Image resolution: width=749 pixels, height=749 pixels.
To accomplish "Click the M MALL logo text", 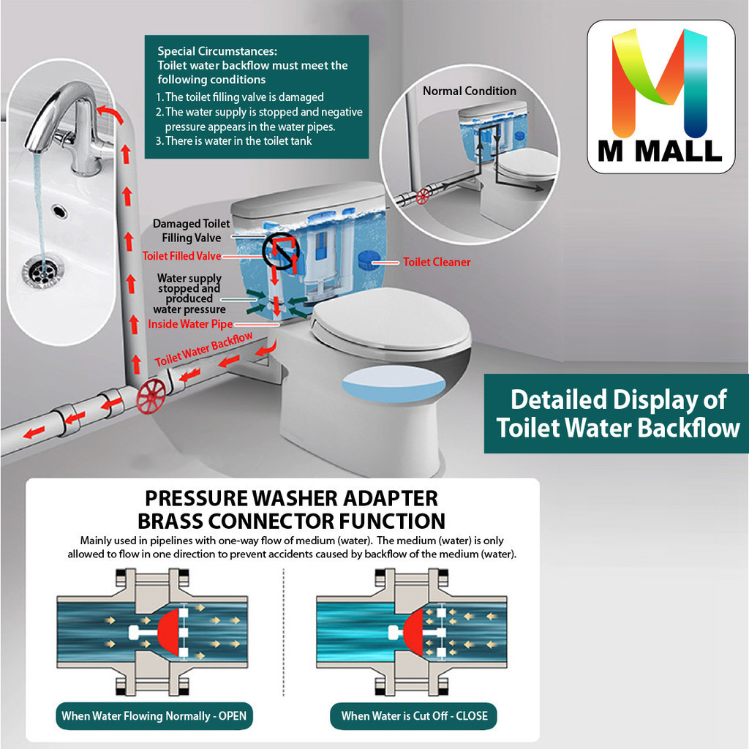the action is pyautogui.click(x=660, y=151).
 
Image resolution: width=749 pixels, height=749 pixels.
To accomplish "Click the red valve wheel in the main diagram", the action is pyautogui.click(x=151, y=396).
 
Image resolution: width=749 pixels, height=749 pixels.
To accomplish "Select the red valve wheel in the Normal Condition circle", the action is pyautogui.click(x=423, y=196).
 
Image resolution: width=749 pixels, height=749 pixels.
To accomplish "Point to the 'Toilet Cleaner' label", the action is pyautogui.click(x=437, y=262).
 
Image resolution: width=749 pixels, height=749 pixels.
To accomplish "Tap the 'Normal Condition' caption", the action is pyautogui.click(x=470, y=91).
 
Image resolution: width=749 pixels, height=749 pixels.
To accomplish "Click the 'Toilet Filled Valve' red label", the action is pyautogui.click(x=181, y=256).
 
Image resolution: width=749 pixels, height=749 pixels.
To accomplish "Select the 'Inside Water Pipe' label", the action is pyautogui.click(x=190, y=324).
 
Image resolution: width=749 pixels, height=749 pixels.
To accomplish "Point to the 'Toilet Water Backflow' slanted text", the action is pyautogui.click(x=204, y=349).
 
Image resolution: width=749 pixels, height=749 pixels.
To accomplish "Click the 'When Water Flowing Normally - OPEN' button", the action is pyautogui.click(x=154, y=715).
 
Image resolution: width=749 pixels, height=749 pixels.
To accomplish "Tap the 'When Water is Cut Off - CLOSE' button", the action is pyautogui.click(x=414, y=715).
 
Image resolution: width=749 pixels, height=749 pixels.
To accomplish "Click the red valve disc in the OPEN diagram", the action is pyautogui.click(x=169, y=633).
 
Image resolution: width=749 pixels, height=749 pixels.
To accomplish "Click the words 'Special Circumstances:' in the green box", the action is pyautogui.click(x=217, y=51).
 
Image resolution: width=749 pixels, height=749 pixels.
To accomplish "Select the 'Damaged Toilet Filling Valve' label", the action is pyautogui.click(x=191, y=230).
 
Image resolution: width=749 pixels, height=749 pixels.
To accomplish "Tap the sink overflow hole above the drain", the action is pyautogui.click(x=59, y=210).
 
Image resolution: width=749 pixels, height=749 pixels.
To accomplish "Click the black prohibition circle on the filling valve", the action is pyautogui.click(x=281, y=252).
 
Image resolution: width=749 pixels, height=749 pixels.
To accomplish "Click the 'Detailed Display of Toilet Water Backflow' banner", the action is pyautogui.click(x=616, y=414).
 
